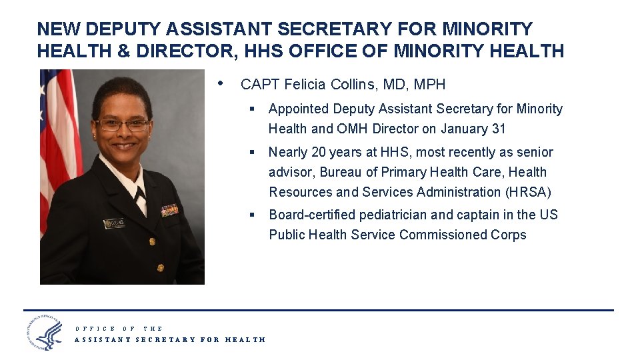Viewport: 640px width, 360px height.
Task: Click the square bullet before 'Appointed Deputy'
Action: tap(253, 109)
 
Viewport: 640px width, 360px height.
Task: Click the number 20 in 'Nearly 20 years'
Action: tap(319, 152)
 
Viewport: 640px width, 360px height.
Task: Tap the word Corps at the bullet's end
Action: tap(509, 235)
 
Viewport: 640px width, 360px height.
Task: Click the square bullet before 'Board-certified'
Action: tap(253, 215)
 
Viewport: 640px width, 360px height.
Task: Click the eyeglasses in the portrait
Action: tap(123, 125)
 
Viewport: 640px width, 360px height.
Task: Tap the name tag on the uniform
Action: tap(115, 223)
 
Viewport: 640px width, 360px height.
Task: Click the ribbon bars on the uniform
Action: tap(169, 210)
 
